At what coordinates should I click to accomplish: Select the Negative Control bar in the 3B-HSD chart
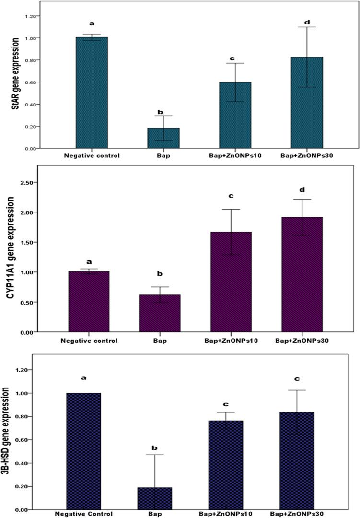[x=84, y=451]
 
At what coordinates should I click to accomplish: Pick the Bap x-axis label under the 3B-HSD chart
[x=158, y=514]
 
